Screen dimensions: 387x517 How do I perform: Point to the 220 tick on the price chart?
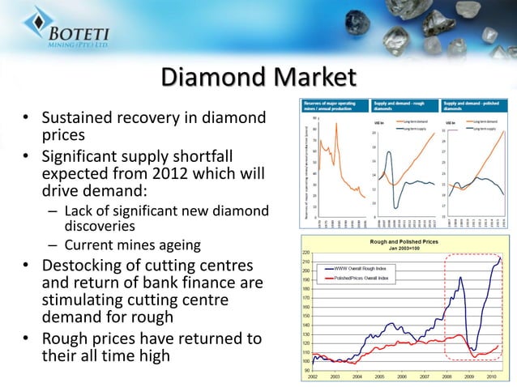(305, 253)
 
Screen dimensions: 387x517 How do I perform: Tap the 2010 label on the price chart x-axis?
(490, 376)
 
